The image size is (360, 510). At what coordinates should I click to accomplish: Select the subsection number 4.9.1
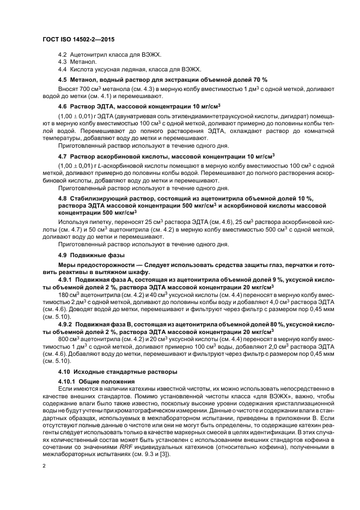click(x=65, y=278)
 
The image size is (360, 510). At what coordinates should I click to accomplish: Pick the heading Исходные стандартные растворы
click(x=120, y=372)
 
